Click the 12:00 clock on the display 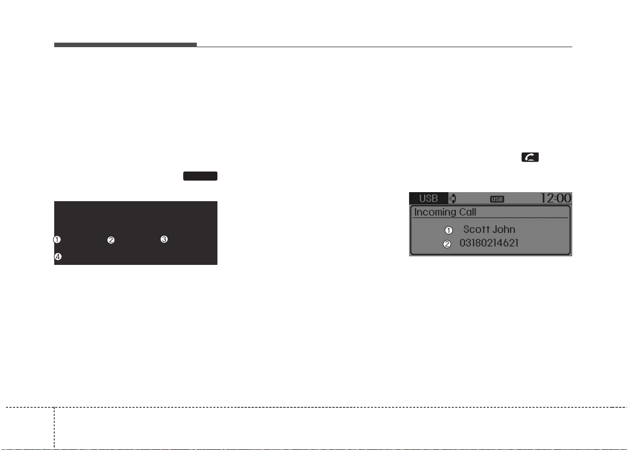click(x=556, y=198)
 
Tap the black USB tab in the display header click(x=429, y=198)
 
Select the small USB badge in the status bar click(x=497, y=199)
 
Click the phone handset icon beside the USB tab click(x=453, y=199)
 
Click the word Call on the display click(x=467, y=212)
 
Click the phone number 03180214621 click(x=489, y=243)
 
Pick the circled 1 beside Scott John click(x=449, y=230)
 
